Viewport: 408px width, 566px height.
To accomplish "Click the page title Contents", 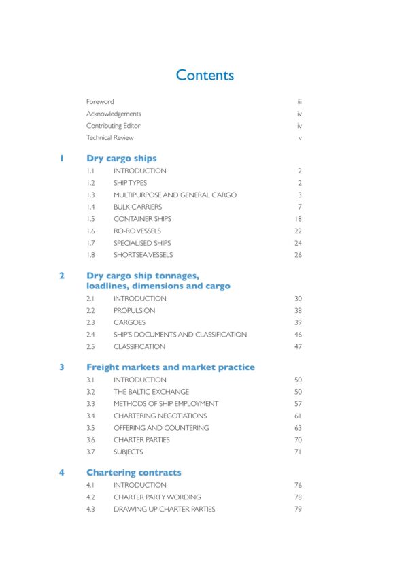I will (205, 75).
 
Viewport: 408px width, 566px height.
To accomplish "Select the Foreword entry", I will (100, 102).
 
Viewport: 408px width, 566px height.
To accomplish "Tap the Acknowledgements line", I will (114, 114).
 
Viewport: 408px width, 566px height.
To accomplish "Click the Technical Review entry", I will (109, 138).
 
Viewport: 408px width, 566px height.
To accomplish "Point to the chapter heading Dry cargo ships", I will (121, 159).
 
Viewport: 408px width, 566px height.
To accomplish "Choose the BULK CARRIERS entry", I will (137, 207).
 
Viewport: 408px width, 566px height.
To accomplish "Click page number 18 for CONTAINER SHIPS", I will (298, 219).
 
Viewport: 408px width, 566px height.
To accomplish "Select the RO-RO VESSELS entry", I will (137, 231).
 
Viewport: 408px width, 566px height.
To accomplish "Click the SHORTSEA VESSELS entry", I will (143, 255).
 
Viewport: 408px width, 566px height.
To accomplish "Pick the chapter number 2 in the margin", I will (61, 276).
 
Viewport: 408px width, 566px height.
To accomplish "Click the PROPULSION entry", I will (134, 311).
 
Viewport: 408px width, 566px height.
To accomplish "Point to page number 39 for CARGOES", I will (298, 322).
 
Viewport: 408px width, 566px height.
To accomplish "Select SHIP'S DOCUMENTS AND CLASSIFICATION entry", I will (180, 335).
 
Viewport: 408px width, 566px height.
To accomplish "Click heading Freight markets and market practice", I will (170, 367).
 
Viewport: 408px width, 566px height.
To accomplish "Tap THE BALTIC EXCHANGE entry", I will (151, 392).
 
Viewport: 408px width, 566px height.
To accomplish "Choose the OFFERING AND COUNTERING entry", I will (161, 428).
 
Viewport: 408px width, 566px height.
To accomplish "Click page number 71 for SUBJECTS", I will (298, 452).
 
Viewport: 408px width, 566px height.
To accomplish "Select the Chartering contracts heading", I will (133, 473).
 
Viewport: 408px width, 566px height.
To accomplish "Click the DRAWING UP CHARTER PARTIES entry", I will (164, 509).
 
